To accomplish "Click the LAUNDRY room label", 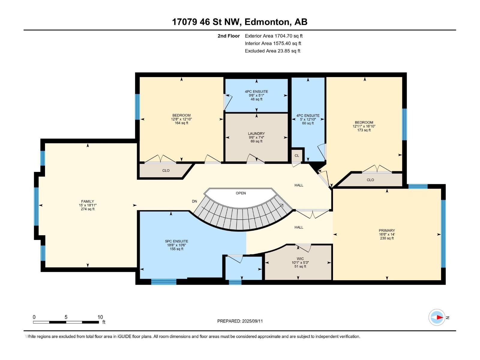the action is pyautogui.click(x=256, y=133).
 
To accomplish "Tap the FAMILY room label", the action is pyautogui.click(x=88, y=201).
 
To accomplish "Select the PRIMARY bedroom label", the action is pyautogui.click(x=387, y=230).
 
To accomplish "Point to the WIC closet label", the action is pyautogui.click(x=300, y=259).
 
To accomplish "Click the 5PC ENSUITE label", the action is pyautogui.click(x=176, y=241).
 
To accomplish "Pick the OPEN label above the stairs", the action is pyautogui.click(x=241, y=193).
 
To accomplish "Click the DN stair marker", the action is pyautogui.click(x=194, y=201).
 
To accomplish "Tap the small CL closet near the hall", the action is pyautogui.click(x=297, y=156).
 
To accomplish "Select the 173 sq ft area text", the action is pyautogui.click(x=364, y=130).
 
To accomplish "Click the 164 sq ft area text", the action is pyautogui.click(x=181, y=123).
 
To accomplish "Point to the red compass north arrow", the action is pyautogui.click(x=439, y=317).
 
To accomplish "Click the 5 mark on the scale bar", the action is pyautogui.click(x=66, y=317).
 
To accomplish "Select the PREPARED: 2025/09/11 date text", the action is pyautogui.click(x=240, y=321).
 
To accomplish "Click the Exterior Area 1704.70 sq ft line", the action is pyautogui.click(x=274, y=36).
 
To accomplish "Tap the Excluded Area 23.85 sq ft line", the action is pyautogui.click(x=272, y=51).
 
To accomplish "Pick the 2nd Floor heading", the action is pyautogui.click(x=229, y=36).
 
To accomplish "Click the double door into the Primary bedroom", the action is pyautogui.click(x=313, y=213).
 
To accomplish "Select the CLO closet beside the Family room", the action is pyautogui.click(x=166, y=170).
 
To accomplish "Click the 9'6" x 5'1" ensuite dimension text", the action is pyautogui.click(x=256, y=95).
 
